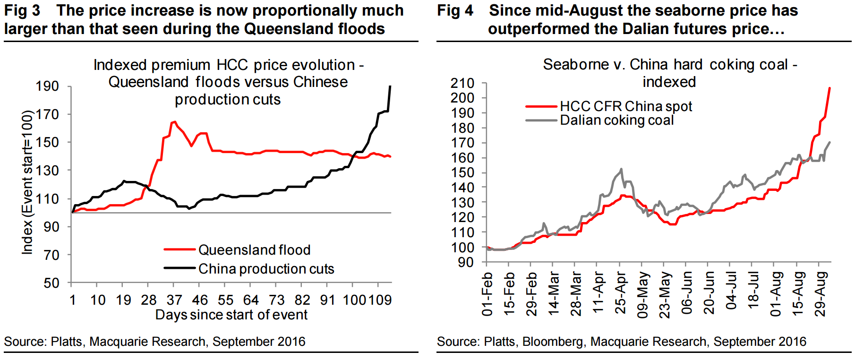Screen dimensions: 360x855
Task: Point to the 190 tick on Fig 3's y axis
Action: (x=47, y=86)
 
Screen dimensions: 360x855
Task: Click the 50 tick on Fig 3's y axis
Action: (x=51, y=283)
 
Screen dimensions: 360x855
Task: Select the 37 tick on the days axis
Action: (x=174, y=300)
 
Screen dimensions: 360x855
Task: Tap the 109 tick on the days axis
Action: (x=380, y=300)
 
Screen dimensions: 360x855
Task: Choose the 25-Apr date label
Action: (x=620, y=293)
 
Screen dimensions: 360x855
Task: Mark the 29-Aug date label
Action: (x=821, y=293)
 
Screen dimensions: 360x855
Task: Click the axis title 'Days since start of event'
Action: (x=231, y=315)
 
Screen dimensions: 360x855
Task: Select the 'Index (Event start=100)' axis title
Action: (x=28, y=182)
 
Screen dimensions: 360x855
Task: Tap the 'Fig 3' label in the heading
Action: (x=22, y=10)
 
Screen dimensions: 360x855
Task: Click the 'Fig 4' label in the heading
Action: (x=455, y=10)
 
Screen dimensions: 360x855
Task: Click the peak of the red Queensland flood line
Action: (x=174, y=121)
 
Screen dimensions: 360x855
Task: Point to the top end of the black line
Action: (x=390, y=86)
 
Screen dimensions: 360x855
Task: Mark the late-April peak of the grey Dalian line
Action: (x=621, y=169)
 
